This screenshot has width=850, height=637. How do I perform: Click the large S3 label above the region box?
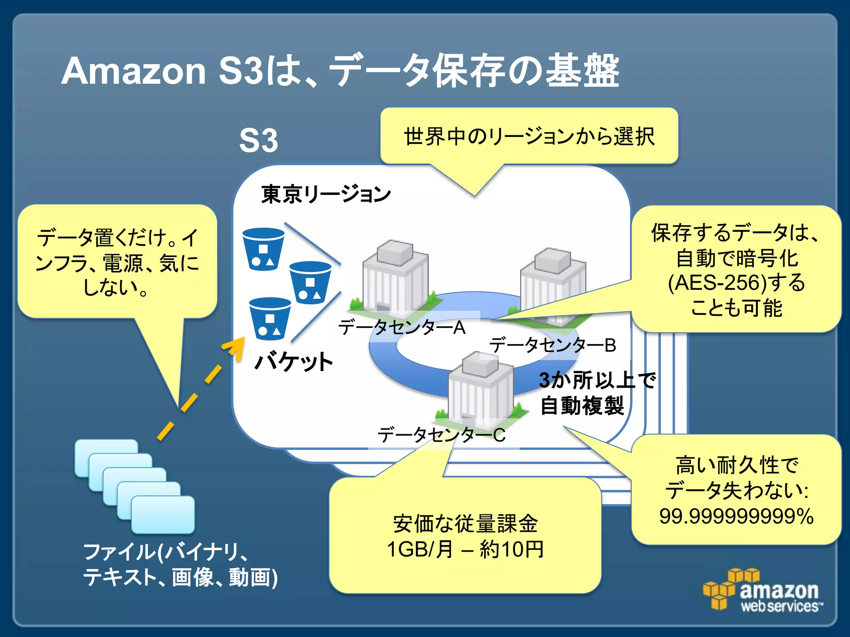click(x=259, y=141)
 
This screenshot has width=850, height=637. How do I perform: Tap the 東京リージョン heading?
click(x=326, y=194)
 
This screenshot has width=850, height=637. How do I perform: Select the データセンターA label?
click(x=402, y=328)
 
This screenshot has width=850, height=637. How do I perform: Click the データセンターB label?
click(x=552, y=345)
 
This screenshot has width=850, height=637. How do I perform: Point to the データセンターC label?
click(x=441, y=435)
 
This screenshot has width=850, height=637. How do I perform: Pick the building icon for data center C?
click(x=480, y=388)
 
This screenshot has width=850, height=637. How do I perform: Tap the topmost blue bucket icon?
click(x=263, y=249)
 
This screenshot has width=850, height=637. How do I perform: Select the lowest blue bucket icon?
click(x=270, y=318)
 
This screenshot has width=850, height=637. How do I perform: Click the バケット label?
click(x=293, y=362)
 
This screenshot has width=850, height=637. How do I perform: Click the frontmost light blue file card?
click(x=163, y=514)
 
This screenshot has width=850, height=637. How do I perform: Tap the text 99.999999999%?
click(x=736, y=516)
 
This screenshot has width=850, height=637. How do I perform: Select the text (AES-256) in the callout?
click(x=717, y=283)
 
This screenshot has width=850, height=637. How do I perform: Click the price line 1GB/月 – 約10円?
click(x=465, y=549)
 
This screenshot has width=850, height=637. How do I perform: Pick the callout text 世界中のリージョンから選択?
click(x=529, y=136)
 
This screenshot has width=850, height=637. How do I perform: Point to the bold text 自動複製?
click(x=582, y=406)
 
